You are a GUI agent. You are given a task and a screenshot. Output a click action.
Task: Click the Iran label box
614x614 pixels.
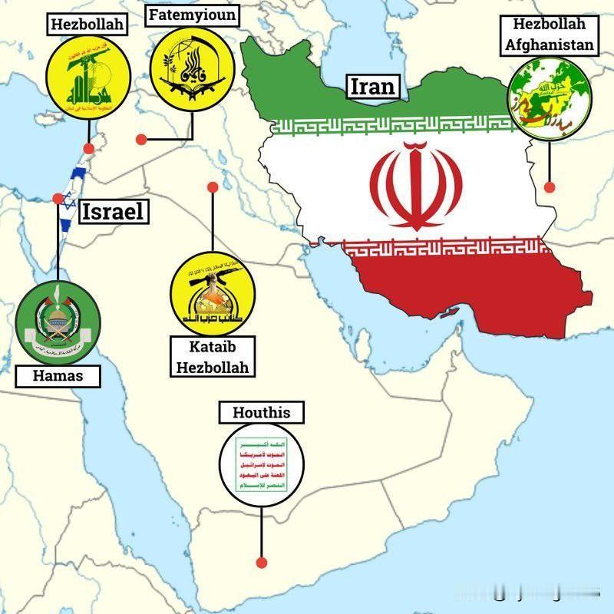[x=374, y=87]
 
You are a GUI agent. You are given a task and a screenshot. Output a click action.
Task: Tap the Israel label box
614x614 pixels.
[x=113, y=212]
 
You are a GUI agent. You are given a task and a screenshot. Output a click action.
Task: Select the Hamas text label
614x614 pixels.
[x=58, y=375]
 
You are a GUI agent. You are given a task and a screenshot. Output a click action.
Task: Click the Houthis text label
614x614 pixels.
[x=261, y=413]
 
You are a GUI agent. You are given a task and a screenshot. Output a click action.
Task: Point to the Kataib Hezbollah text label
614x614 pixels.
[x=213, y=358]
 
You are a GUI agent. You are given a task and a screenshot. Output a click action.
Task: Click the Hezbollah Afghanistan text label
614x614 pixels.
[x=549, y=35]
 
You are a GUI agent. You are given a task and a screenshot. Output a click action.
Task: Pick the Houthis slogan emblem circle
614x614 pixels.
[x=262, y=465]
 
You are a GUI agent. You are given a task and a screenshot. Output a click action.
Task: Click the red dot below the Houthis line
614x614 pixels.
[x=261, y=562]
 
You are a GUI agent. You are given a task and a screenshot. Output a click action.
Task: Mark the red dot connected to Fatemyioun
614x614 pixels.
[x=141, y=139]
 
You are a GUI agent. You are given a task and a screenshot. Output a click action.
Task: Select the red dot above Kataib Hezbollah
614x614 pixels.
[x=213, y=187]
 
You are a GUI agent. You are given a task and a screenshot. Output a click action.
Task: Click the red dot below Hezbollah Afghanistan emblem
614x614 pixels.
[x=550, y=187]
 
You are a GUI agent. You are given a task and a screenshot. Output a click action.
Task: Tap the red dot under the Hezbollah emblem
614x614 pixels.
[x=89, y=148]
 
